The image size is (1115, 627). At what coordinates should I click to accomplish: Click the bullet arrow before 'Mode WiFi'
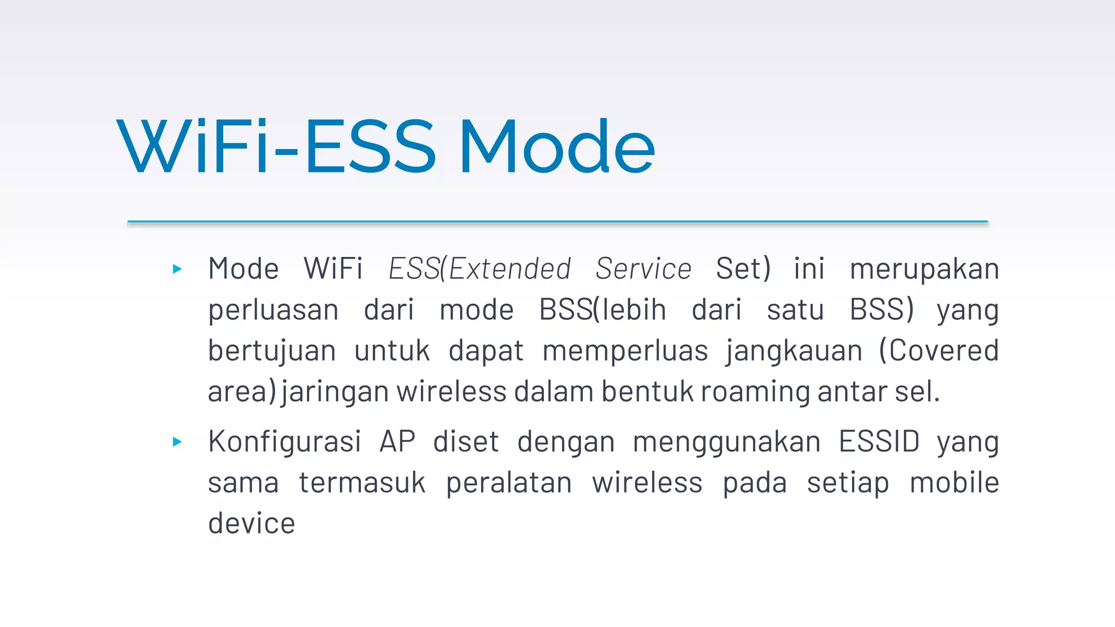[x=177, y=269]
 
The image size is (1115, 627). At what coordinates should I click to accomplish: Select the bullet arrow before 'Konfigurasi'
[x=177, y=442]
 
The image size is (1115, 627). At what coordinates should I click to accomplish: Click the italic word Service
[x=644, y=269]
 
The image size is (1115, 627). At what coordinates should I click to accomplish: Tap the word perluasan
[x=273, y=311]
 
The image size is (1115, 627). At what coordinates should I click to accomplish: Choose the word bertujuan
[x=272, y=352]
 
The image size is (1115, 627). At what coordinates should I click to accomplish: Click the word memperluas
[x=625, y=352]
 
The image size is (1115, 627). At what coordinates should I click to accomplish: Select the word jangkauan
[x=794, y=352]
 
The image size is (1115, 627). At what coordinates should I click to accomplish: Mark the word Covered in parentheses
[x=944, y=351]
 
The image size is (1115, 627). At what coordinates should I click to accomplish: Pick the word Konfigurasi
[x=284, y=442]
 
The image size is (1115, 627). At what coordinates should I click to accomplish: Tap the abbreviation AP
[x=397, y=442]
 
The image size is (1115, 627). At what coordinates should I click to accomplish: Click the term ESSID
[x=879, y=442]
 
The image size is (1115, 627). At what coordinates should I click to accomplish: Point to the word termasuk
[x=362, y=483]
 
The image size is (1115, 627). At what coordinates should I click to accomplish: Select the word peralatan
[x=509, y=483]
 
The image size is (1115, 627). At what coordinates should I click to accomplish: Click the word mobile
[x=954, y=483]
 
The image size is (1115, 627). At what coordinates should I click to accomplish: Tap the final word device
[x=252, y=524]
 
